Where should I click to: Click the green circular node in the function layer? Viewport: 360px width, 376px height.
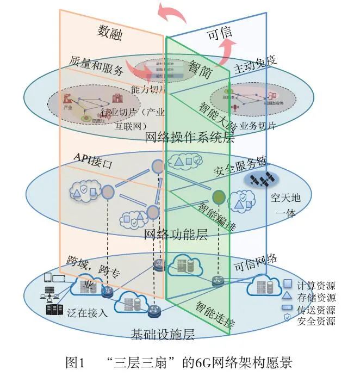tap(219, 195)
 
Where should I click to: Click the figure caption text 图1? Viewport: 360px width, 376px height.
tap(76, 362)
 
